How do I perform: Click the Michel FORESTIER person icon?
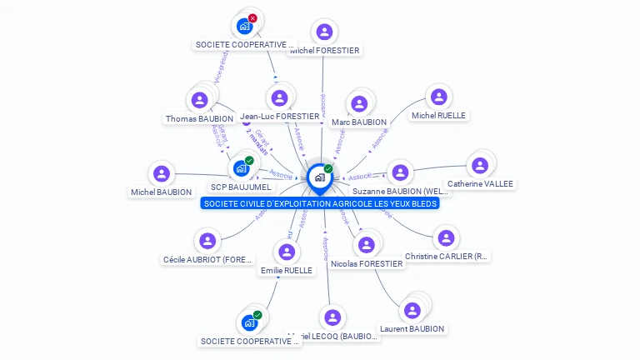(324, 32)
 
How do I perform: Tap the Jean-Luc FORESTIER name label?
(279, 117)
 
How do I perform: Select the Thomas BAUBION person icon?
(199, 101)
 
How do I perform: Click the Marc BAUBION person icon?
(359, 104)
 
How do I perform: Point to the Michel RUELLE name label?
(438, 116)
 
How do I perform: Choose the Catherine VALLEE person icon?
(480, 166)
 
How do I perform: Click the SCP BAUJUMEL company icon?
(241, 168)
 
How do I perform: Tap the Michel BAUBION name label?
(162, 192)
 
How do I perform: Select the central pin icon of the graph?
(319, 177)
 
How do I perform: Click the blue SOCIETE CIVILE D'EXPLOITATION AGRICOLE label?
(321, 203)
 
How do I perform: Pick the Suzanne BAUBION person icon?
(401, 172)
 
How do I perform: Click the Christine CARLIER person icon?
(447, 238)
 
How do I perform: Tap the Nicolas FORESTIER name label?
(367, 264)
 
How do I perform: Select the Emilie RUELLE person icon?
(286, 252)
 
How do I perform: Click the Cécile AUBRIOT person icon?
(207, 241)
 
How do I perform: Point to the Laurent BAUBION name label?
(412, 329)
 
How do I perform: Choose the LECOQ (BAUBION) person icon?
(332, 317)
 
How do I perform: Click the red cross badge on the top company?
(252, 18)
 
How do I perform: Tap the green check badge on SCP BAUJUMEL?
(249, 161)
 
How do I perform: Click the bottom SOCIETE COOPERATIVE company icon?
(248, 322)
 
